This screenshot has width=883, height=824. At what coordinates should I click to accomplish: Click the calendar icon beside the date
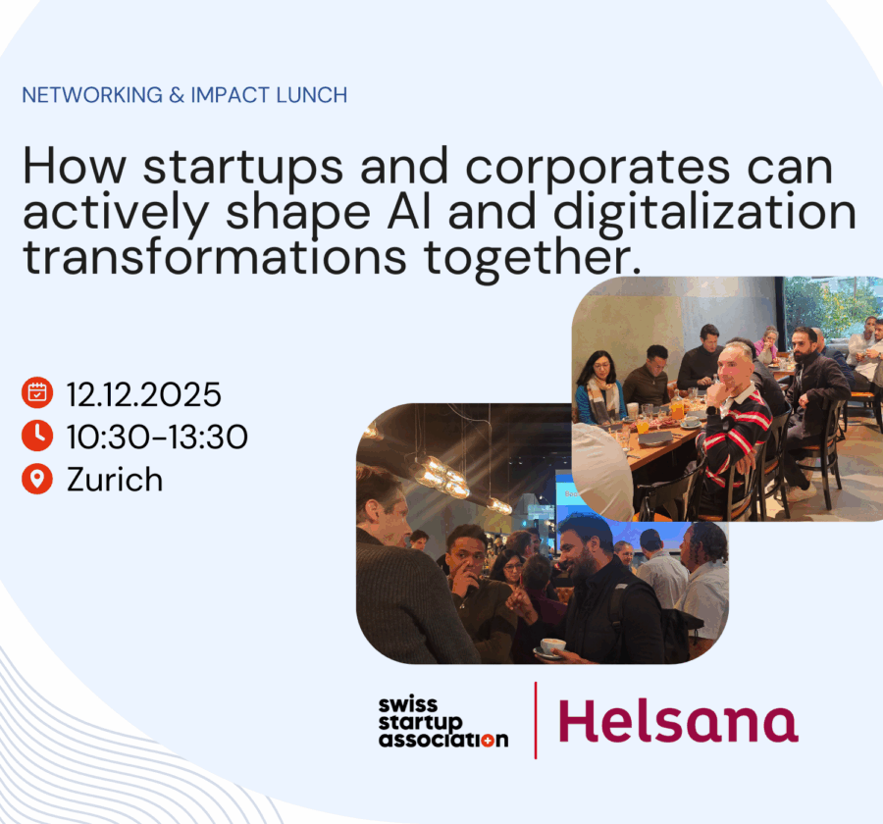pyautogui.click(x=37, y=393)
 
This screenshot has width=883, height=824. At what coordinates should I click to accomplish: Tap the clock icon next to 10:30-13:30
pyautogui.click(x=37, y=436)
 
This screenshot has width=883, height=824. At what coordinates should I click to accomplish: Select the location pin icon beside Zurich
pyautogui.click(x=37, y=479)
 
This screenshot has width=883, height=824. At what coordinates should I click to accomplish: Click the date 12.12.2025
pyautogui.click(x=143, y=394)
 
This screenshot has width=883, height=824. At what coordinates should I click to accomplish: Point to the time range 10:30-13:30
pyautogui.click(x=157, y=437)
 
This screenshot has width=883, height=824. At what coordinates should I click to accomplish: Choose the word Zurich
pyautogui.click(x=115, y=480)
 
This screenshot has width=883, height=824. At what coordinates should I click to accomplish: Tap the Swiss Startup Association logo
pyautogui.click(x=442, y=722)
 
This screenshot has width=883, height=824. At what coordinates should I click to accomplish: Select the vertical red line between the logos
pyautogui.click(x=535, y=720)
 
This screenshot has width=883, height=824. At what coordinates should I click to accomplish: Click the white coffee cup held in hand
pyautogui.click(x=551, y=646)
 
